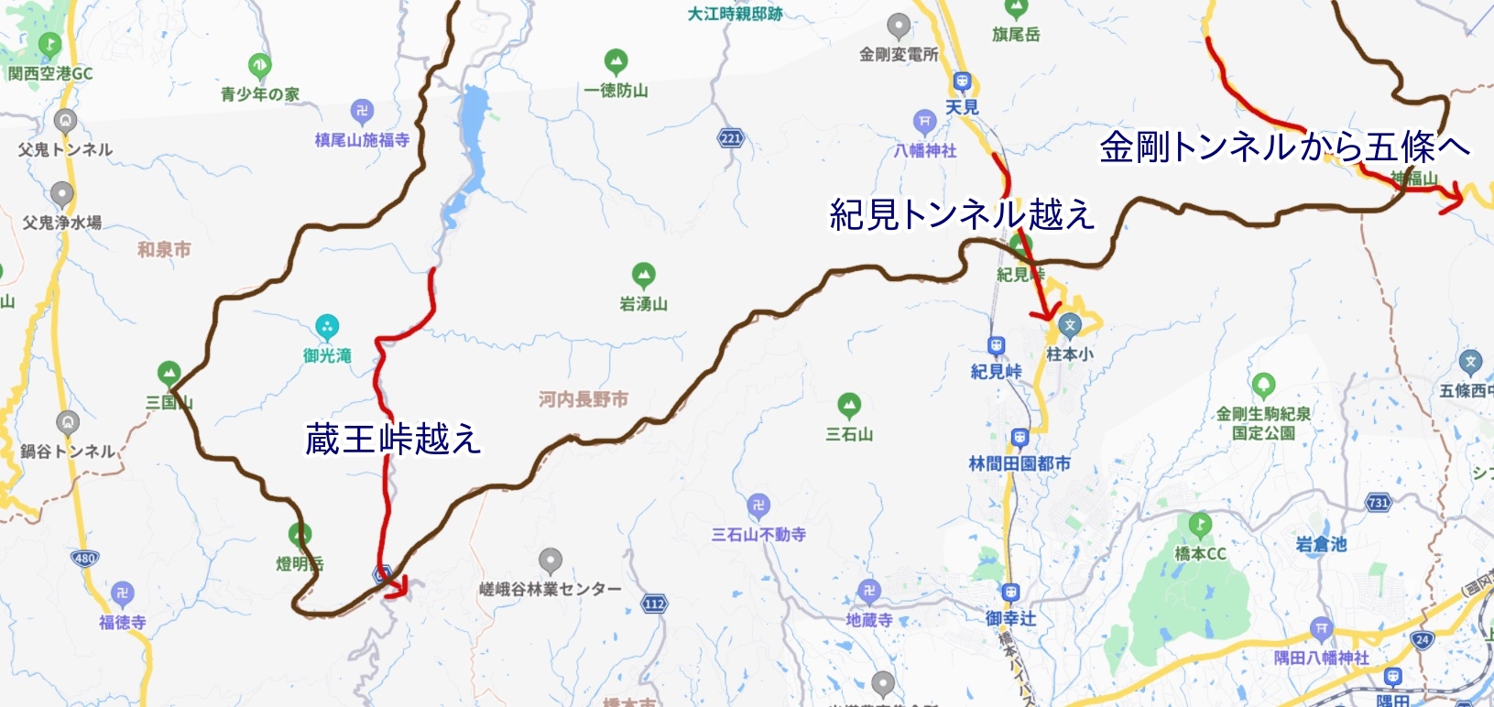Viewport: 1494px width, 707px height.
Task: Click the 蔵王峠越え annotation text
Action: (393, 440)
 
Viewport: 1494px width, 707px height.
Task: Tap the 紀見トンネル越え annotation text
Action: (962, 214)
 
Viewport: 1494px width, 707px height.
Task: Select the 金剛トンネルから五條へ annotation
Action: (1284, 147)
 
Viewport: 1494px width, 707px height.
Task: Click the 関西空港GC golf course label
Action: (50, 73)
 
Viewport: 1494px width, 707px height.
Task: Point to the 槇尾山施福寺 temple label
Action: (362, 140)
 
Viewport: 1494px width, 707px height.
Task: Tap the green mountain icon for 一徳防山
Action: (616, 62)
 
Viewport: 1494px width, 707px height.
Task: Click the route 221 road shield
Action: (730, 139)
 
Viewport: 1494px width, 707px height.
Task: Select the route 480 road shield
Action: (84, 558)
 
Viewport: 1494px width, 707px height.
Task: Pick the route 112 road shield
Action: (654, 604)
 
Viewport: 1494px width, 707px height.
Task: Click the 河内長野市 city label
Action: (583, 399)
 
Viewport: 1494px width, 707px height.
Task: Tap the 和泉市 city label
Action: (164, 249)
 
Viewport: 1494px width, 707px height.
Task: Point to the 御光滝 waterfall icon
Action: (327, 327)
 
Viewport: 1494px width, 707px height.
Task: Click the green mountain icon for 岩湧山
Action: (644, 275)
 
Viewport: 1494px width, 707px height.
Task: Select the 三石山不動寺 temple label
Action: (758, 534)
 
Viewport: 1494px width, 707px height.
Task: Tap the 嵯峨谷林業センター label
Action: (550, 589)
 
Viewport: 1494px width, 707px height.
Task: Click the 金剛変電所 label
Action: (899, 54)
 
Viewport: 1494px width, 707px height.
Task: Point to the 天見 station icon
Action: (962, 82)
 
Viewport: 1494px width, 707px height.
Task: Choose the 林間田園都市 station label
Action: (1020, 463)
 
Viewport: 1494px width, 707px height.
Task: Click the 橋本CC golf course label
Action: (1200, 553)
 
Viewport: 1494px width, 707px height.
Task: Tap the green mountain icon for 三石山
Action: (849, 405)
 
